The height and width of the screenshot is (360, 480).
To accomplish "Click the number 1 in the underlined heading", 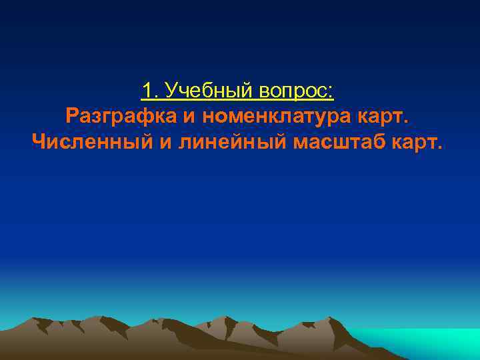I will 147,90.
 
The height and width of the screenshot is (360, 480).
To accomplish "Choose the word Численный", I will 90,141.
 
